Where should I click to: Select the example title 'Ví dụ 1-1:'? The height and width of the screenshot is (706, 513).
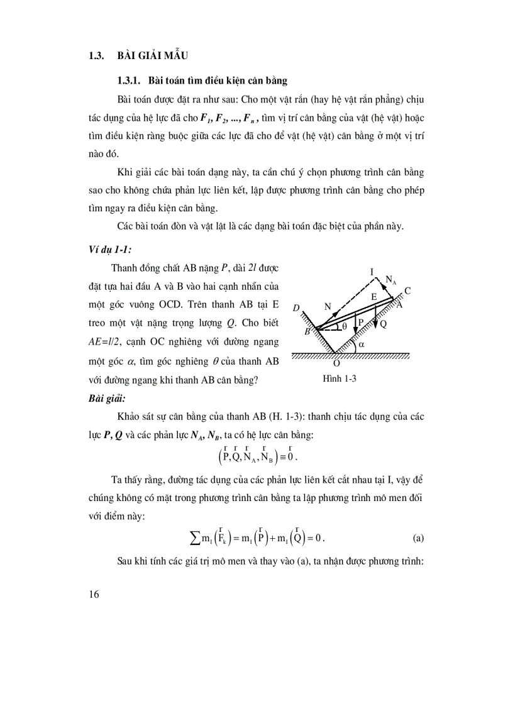point(109,250)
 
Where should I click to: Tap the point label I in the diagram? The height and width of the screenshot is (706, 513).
point(372,272)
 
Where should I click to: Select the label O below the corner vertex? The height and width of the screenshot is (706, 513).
point(337,363)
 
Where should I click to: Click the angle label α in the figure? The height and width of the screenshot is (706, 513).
point(363,345)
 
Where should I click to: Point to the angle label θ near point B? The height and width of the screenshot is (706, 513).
point(344,326)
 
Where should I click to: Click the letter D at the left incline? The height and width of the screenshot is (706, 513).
point(296,309)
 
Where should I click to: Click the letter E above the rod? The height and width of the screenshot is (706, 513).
point(373,296)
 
